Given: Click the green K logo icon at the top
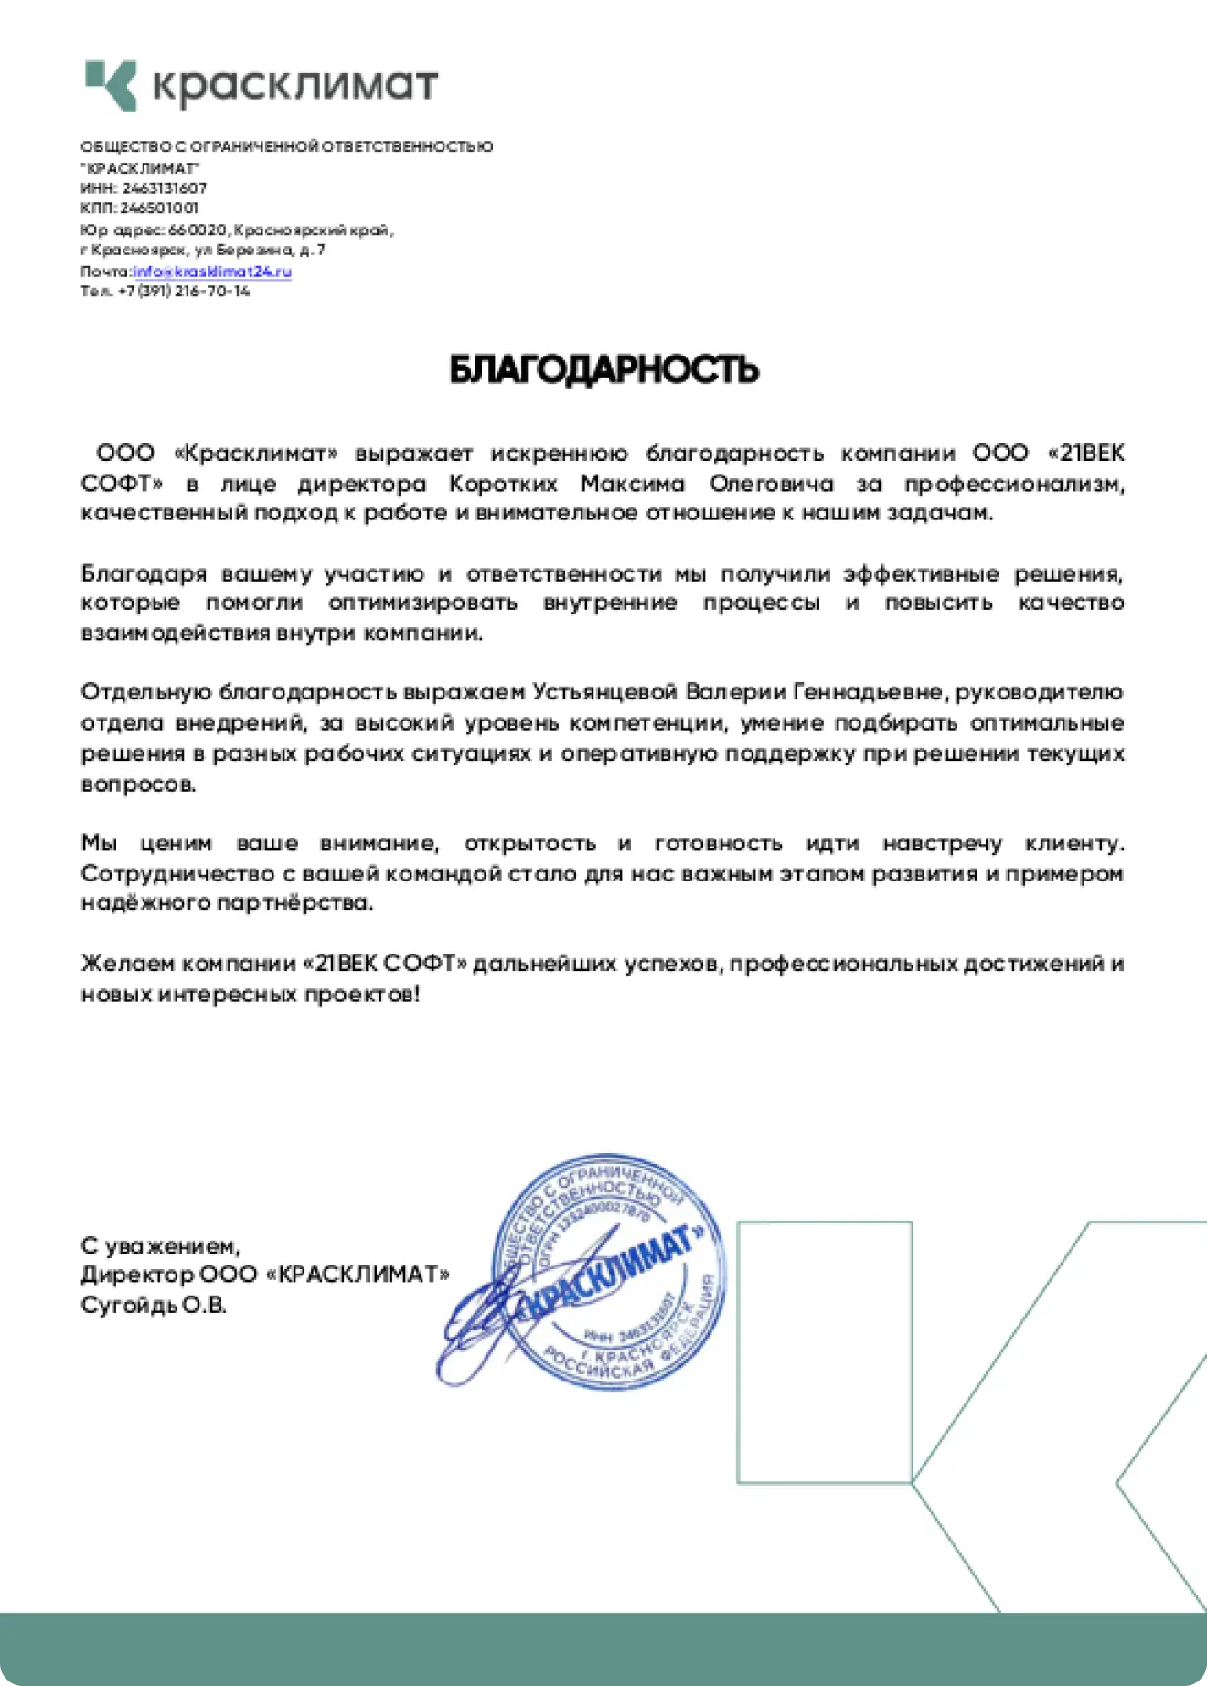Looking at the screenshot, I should click(111, 86).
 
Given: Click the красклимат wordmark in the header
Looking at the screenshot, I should click(294, 85).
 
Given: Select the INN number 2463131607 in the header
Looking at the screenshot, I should click(165, 187).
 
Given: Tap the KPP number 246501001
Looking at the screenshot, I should click(159, 208).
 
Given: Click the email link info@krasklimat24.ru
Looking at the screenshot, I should click(212, 271).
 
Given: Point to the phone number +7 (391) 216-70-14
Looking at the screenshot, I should click(184, 291).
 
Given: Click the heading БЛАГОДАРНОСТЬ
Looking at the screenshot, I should click(603, 369).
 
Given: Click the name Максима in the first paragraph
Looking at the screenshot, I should click(633, 483).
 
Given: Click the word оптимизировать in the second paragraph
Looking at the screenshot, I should click(422, 603).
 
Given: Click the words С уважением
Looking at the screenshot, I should click(160, 1245).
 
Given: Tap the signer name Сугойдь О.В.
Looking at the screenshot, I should click(154, 1305).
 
